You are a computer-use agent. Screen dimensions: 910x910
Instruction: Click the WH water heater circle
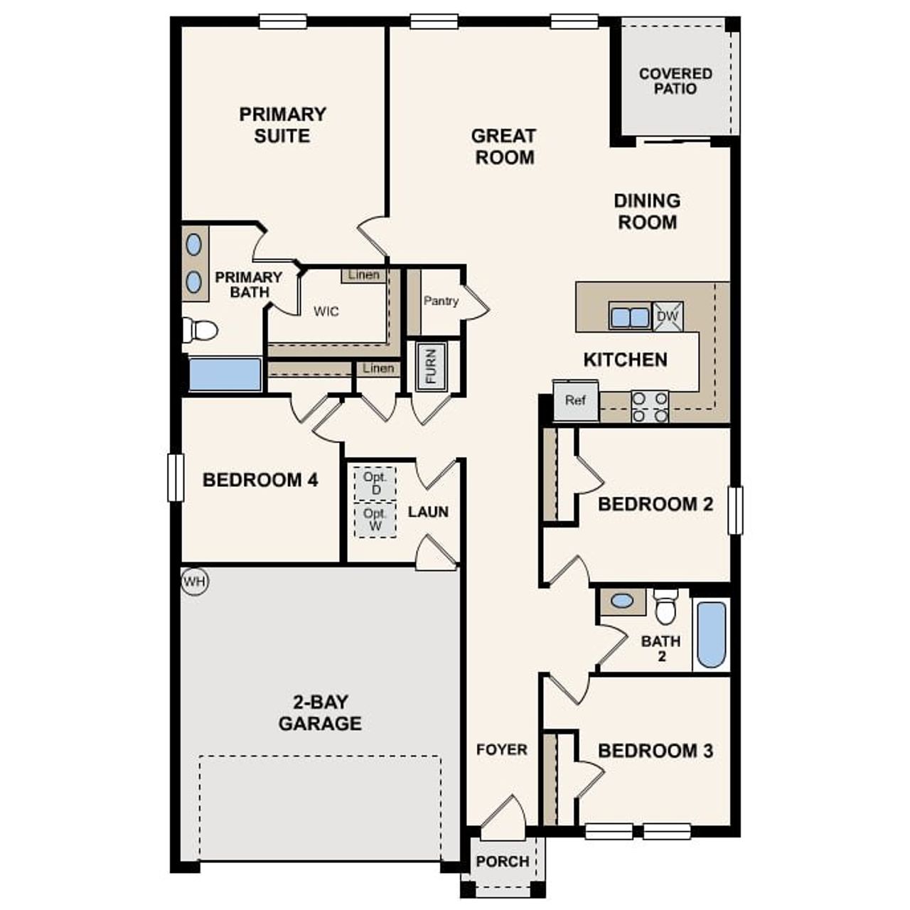(194, 582)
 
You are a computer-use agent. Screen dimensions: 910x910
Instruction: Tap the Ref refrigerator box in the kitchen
(576, 400)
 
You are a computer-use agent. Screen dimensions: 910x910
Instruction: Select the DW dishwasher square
(668, 316)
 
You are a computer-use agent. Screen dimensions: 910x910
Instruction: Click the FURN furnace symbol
(431, 365)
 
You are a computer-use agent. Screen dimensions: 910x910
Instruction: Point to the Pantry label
(441, 301)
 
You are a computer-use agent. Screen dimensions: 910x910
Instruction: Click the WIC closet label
(326, 311)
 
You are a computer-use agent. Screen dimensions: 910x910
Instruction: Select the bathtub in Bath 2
(711, 635)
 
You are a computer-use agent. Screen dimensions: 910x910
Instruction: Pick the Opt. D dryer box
(375, 483)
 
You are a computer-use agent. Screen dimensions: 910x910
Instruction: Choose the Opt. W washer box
(375, 520)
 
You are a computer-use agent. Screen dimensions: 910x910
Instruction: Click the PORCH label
(503, 862)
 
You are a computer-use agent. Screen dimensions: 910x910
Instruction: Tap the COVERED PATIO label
(675, 81)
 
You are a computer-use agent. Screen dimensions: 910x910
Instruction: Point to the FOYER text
(502, 749)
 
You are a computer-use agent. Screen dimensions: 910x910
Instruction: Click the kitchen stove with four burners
(650, 407)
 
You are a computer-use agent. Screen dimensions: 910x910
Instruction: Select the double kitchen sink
(630, 316)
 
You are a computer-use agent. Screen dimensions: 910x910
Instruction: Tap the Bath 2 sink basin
(622, 601)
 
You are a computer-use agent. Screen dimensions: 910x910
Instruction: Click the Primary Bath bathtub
(225, 375)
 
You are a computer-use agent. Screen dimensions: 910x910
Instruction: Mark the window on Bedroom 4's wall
(175, 478)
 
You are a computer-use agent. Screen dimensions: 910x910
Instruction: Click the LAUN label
(428, 512)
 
